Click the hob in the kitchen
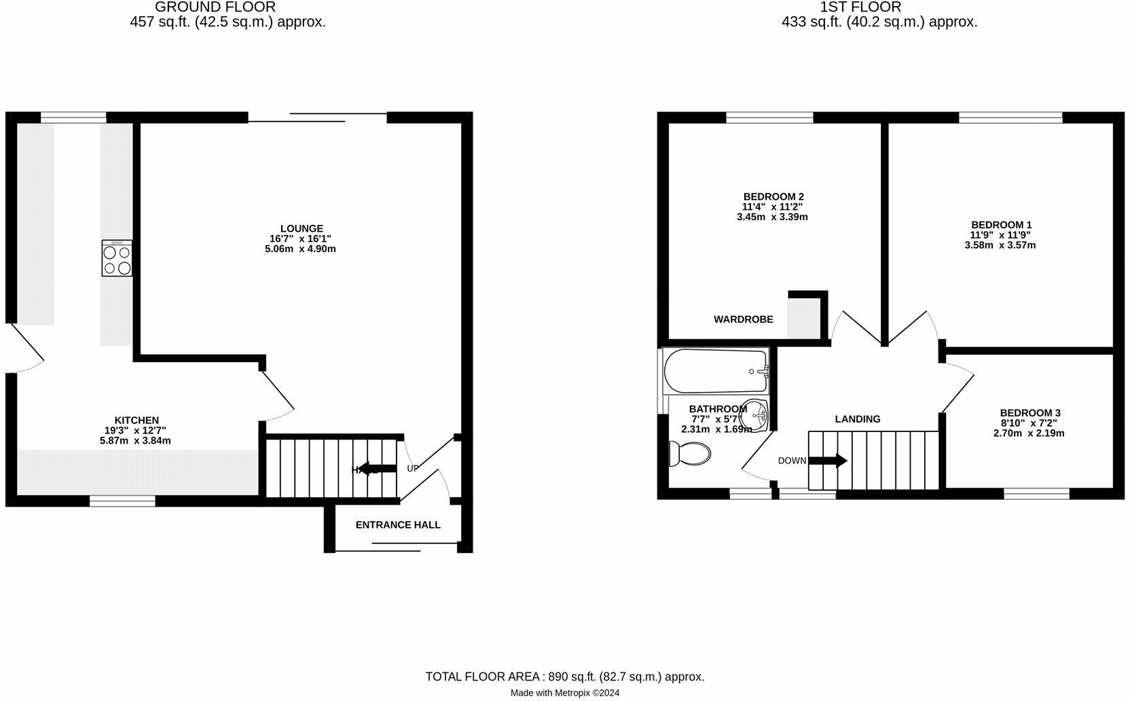click(117, 258)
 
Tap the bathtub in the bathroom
click(716, 371)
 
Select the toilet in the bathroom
click(689, 453)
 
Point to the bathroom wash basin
click(754, 414)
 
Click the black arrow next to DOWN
click(828, 461)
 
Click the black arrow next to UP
click(377, 469)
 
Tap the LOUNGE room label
click(302, 229)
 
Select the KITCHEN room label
click(136, 420)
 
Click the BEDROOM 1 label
click(1001, 225)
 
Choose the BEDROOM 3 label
click(1029, 413)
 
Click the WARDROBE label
click(743, 319)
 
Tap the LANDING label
click(858, 419)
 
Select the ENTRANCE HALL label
click(398, 525)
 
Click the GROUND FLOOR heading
click(215, 7)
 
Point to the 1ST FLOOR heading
click(860, 7)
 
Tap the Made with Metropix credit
click(565, 693)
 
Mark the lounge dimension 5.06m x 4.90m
click(300, 249)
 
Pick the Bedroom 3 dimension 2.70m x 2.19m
click(1029, 433)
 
